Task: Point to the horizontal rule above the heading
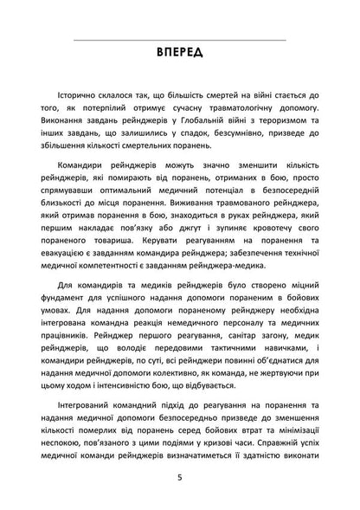[179, 39]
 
